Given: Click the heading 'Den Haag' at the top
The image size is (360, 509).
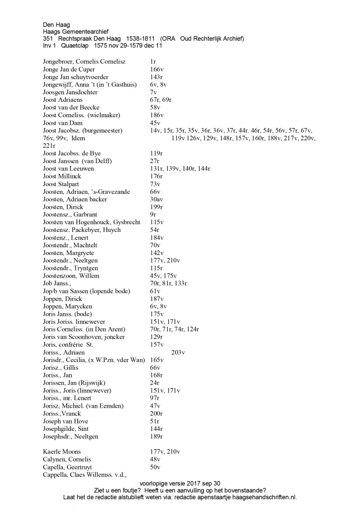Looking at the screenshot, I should (57, 24).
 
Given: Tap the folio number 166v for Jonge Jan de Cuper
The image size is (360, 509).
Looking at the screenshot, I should (156, 69).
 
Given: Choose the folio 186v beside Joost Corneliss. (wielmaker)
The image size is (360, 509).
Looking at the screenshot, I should (156, 115).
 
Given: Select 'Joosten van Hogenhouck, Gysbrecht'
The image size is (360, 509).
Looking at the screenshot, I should (84, 222).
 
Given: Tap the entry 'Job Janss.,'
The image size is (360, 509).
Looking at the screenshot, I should (57, 283).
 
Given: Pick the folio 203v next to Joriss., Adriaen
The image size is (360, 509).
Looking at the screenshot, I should (178, 352).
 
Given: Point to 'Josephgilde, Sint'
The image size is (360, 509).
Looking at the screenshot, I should (66, 429).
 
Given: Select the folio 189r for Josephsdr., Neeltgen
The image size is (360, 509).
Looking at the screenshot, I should (156, 437).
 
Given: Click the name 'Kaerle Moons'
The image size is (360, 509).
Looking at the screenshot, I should (62, 451).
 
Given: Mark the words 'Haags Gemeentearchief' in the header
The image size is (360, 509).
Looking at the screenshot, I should (76, 31).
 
